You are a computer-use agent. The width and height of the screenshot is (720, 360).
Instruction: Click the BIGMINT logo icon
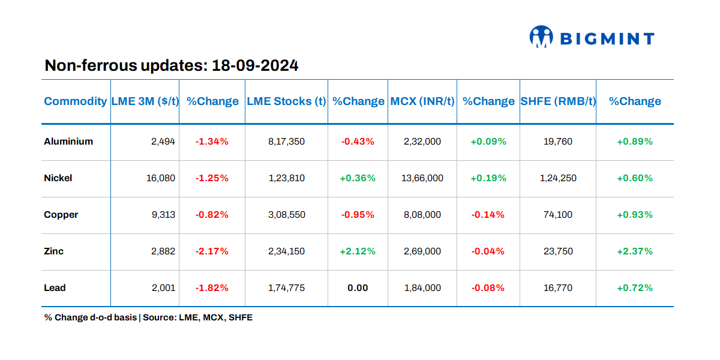541,37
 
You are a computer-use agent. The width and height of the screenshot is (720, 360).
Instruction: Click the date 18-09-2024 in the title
255,65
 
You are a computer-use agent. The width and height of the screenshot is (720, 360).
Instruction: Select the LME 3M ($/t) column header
145,101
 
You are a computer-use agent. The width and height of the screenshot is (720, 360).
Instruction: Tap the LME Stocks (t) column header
286,101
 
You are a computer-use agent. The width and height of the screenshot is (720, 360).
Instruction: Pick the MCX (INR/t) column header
422,101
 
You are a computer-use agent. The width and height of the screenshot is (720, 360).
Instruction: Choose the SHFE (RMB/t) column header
558,101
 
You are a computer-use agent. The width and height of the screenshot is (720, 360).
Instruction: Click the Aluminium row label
68,142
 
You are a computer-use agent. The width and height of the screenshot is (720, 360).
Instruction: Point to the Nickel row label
58,178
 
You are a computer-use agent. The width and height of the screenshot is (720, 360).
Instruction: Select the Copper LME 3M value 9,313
163,215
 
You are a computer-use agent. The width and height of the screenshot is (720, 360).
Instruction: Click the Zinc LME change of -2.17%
212,251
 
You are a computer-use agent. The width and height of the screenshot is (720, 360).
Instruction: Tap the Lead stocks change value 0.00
358,288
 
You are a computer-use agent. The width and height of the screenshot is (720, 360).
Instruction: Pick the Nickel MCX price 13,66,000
422,178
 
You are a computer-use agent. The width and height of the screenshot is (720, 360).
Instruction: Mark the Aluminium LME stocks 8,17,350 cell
286,142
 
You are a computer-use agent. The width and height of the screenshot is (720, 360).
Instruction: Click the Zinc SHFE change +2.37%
634,251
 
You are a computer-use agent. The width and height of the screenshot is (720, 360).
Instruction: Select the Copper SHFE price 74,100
558,215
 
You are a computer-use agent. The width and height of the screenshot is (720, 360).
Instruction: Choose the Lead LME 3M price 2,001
163,288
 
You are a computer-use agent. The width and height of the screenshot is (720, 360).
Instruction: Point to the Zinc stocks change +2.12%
358,251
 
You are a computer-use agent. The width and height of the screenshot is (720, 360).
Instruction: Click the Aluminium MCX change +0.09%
488,142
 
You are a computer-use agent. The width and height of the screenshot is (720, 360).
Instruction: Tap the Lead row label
55,288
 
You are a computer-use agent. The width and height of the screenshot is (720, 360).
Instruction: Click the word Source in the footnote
158,317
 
